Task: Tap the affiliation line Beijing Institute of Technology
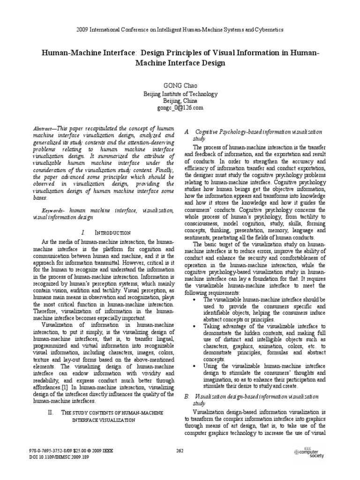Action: click(x=180, y=94)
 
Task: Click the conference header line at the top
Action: click(x=180, y=29)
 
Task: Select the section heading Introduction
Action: click(x=112, y=232)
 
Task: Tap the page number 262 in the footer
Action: click(x=180, y=451)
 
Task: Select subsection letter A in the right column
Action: click(x=187, y=133)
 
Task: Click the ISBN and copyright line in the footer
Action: click(x=71, y=451)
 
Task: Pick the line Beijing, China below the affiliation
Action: click(x=180, y=101)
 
